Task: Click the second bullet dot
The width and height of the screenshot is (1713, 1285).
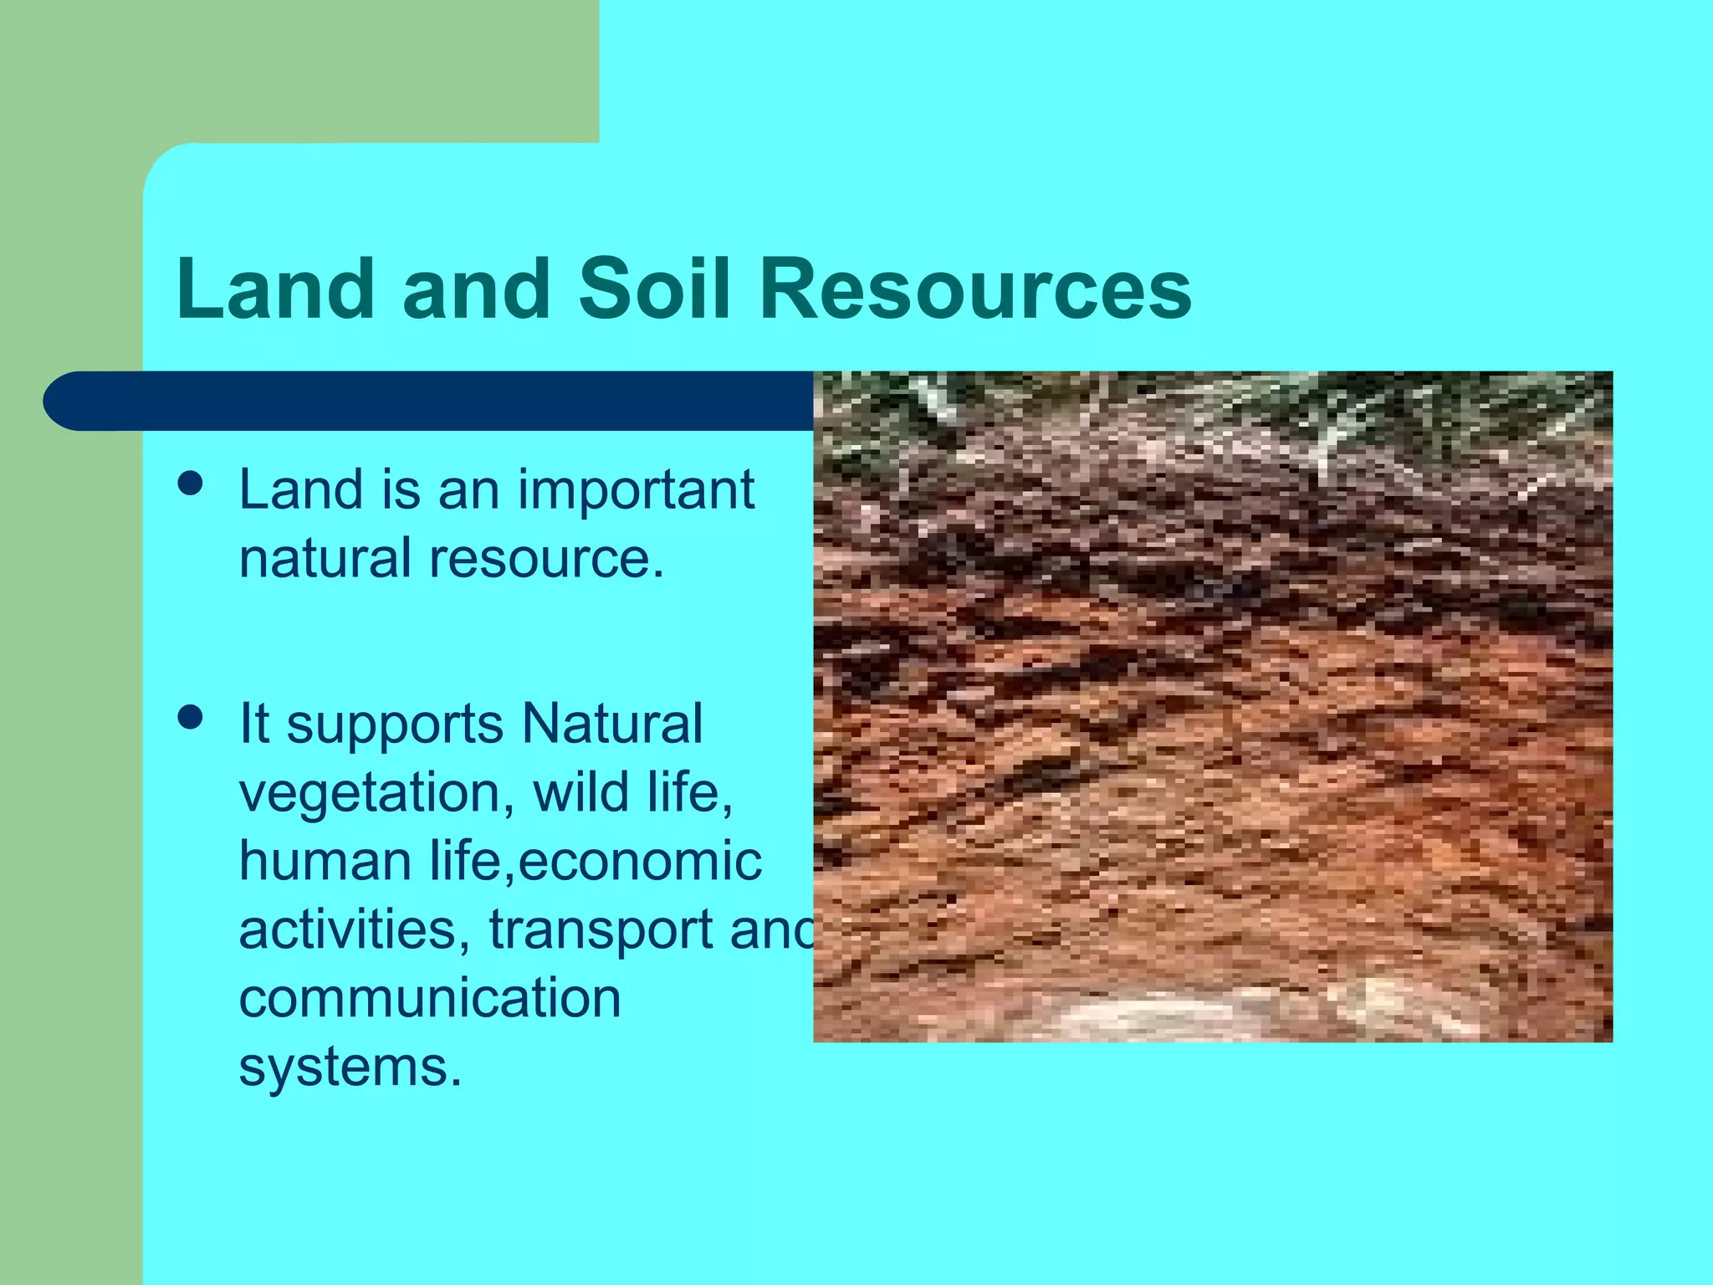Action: click(192, 718)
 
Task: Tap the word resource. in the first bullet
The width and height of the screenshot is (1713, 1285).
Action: click(546, 559)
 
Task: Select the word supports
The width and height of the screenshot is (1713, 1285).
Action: click(395, 724)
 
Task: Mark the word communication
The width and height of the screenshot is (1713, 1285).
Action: click(430, 998)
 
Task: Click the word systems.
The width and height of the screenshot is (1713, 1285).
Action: click(350, 1068)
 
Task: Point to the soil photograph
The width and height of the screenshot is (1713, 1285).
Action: click(1213, 707)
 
